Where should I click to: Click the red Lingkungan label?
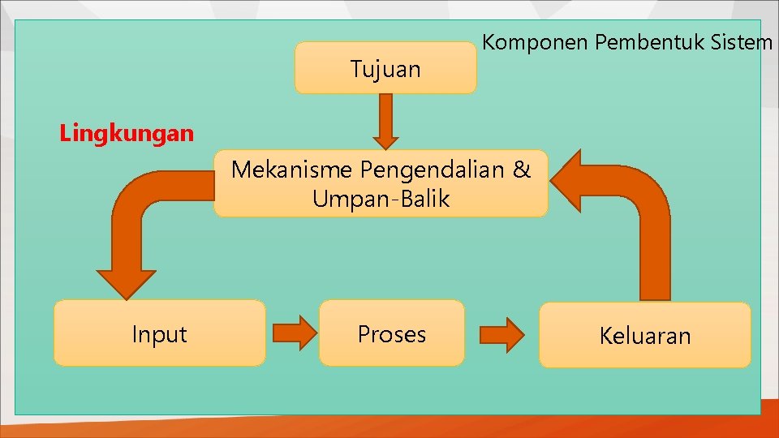tap(127, 133)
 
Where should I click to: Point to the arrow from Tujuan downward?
tap(385, 120)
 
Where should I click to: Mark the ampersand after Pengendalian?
tap(521, 170)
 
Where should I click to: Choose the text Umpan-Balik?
tap(381, 199)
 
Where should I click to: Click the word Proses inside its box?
tap(392, 334)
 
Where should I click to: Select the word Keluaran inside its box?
tap(645, 336)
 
